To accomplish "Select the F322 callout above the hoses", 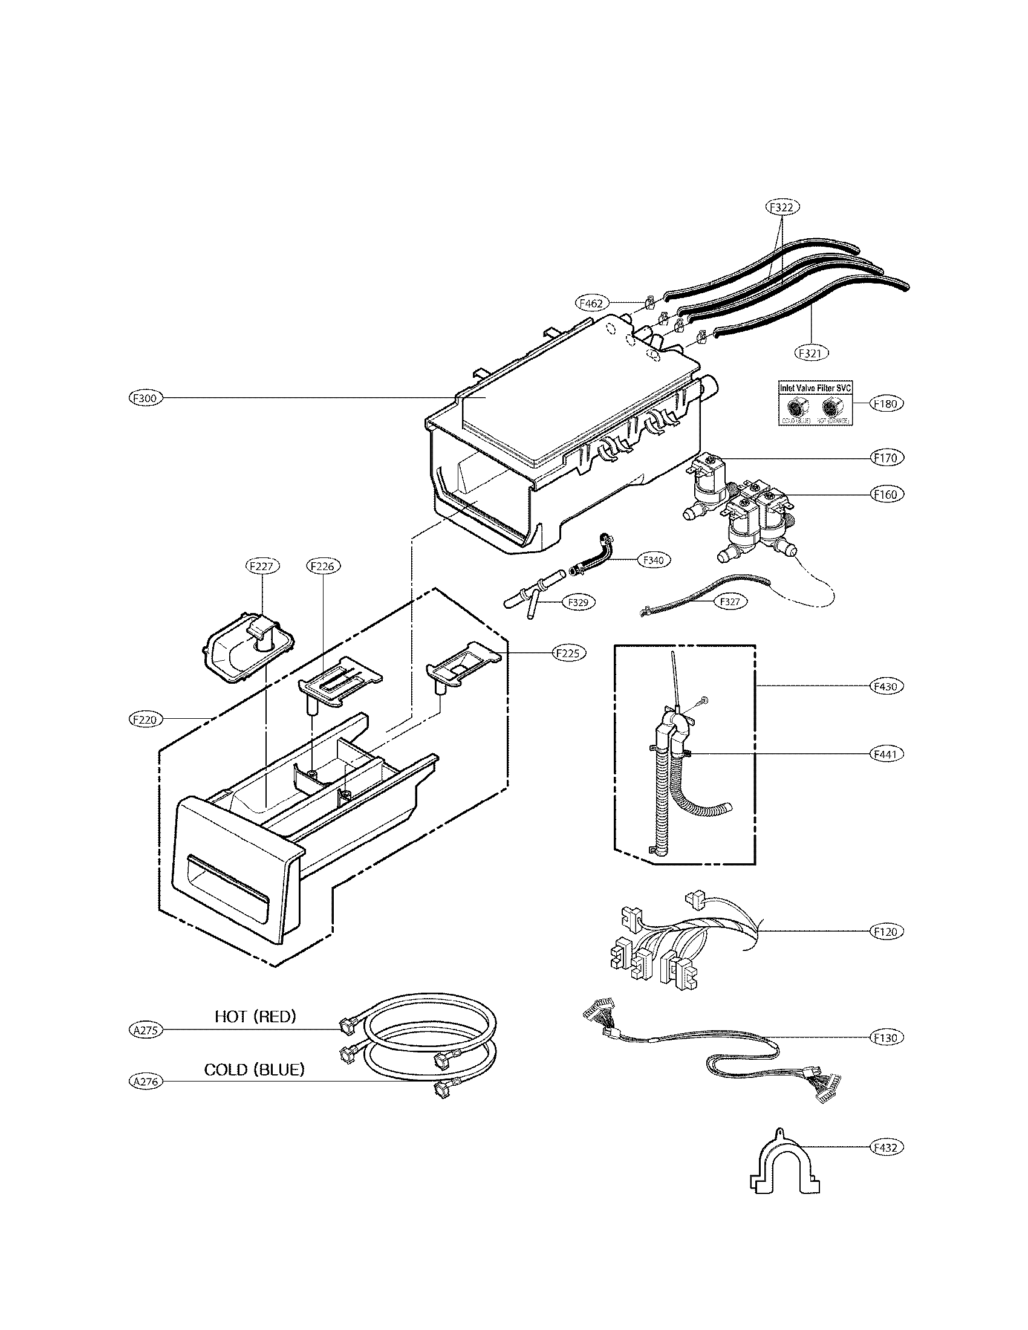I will (x=782, y=207).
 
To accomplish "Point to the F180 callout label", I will (x=886, y=404).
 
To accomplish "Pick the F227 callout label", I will (x=262, y=566).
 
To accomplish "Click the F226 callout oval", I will (x=322, y=566).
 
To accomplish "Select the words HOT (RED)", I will (x=255, y=1016).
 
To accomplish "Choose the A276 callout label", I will (x=146, y=1082).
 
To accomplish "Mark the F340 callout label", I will (x=654, y=560).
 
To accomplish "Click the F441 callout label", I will (x=886, y=754).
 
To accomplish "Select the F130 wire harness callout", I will (x=886, y=1037).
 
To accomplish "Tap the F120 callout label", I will (x=886, y=932).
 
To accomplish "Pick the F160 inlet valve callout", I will (x=886, y=495).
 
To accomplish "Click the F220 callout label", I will (x=145, y=720).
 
